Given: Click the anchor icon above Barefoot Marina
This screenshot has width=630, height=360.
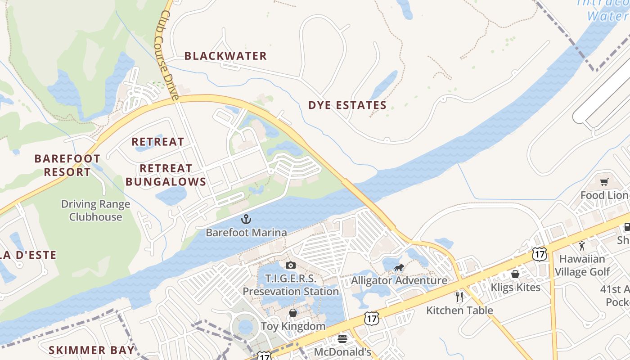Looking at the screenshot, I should pos(246,220).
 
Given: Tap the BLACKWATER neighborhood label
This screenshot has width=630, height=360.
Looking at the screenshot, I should pos(225,56).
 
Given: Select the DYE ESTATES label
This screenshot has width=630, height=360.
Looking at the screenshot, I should pos(347,105).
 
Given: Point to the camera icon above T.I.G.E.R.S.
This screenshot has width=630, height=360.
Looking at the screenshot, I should pos(291,265).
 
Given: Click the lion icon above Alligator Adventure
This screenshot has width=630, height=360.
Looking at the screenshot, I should pos(399,269).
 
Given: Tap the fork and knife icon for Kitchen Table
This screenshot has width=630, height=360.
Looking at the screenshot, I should pos(459,297).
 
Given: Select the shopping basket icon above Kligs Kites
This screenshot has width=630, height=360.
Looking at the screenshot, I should pos(515,274).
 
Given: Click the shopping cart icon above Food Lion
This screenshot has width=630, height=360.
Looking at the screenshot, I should pos(604,182).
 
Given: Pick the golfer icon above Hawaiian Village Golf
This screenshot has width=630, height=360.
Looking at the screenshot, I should pos(582,246).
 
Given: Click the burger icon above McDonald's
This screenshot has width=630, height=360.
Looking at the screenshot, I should pos(342,339).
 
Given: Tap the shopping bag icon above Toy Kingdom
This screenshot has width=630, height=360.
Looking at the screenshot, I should pos(293,313).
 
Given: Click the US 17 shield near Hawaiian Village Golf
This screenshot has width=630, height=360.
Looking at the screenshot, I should pos(539,254).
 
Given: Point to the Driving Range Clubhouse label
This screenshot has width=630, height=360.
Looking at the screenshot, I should pos(95,210).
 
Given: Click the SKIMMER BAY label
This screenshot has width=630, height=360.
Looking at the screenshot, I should pos(91,350).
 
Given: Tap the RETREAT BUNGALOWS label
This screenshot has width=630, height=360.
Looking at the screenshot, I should pos(166,175).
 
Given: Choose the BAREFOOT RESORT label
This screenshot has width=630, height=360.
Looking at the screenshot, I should pos(67,165).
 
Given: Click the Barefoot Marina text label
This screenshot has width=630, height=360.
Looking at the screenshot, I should pos(246,233).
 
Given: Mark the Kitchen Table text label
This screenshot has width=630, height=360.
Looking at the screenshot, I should pos(459,310).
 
